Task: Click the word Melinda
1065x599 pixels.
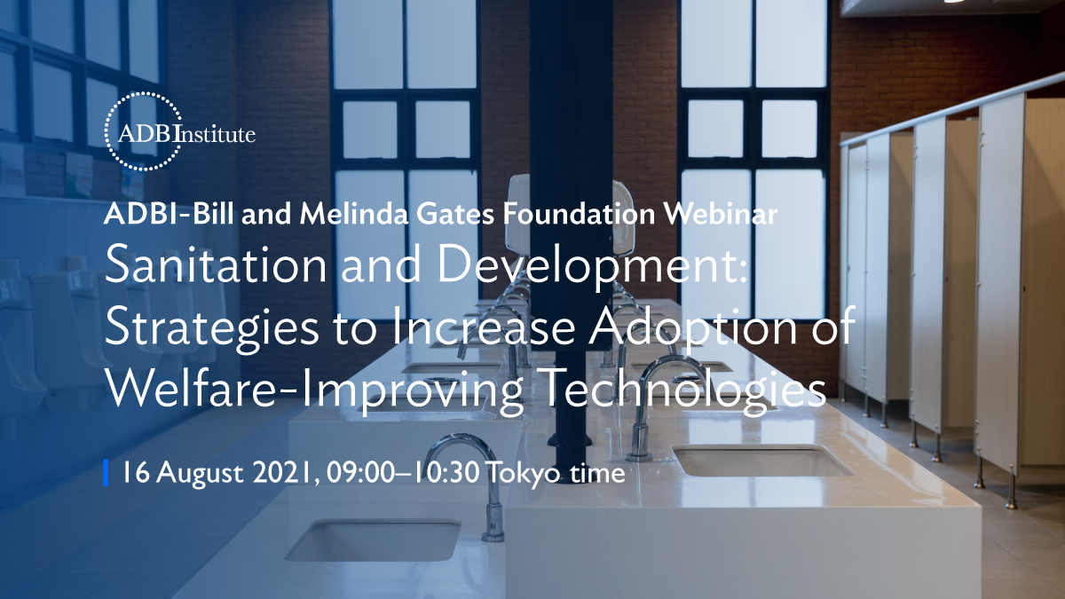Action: [x=354, y=214]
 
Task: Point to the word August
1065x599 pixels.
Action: [x=200, y=475]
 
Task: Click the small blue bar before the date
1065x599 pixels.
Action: [x=106, y=472]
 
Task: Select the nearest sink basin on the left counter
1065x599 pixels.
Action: [x=374, y=540]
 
